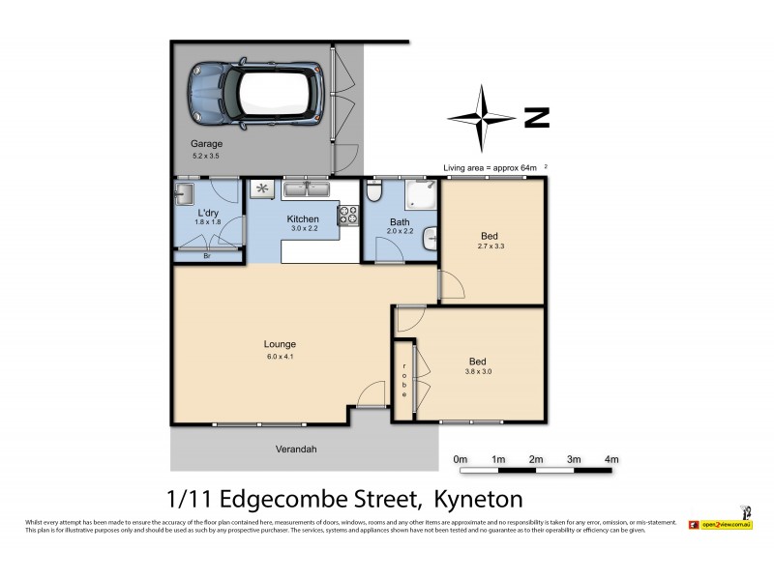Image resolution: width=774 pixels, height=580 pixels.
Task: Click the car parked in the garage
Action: coord(257,93)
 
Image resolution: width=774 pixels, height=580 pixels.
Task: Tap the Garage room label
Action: coord(206,144)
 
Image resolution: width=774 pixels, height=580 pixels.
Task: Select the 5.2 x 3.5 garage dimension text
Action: coord(206,156)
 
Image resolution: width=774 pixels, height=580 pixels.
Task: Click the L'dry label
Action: coord(208,213)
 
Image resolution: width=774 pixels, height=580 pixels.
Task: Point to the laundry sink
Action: coord(183,196)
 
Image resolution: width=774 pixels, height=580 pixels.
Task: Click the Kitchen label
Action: coord(303,219)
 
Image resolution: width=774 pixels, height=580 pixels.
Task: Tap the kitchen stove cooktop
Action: coord(345,217)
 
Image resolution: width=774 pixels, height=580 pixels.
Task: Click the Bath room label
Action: coord(400,219)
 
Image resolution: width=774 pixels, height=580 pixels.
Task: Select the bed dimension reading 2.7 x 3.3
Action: coord(490,247)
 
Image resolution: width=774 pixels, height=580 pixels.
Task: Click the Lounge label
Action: coord(280,344)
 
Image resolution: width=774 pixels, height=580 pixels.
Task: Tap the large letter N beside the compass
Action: coord(536,119)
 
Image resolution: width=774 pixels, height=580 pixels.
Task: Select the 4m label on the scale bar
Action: coord(610,458)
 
